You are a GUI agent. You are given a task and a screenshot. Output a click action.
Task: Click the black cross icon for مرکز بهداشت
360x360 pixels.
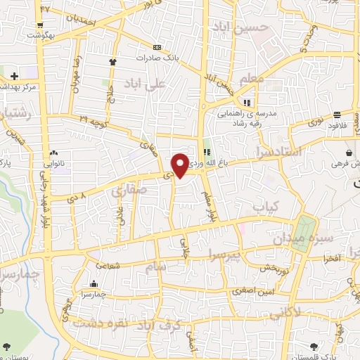tap(15, 76)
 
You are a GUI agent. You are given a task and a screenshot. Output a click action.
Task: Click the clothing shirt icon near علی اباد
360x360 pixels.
tap(112, 62)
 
